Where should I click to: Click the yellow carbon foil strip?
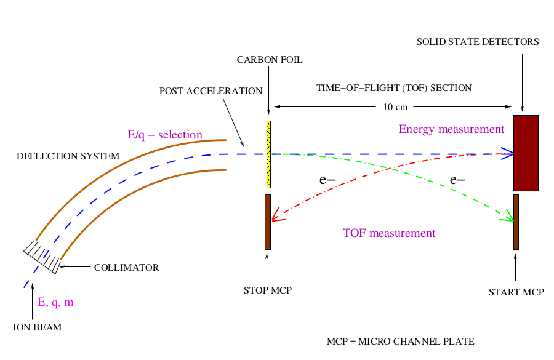pyautogui.click(x=268, y=154)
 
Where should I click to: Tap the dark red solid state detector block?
pyautogui.click(x=526, y=153)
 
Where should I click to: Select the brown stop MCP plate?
pyautogui.click(x=268, y=222)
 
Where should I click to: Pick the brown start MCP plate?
pyautogui.click(x=516, y=222)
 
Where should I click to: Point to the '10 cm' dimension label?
pyautogui.click(x=395, y=107)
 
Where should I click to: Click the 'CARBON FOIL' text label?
pyautogui.click(x=270, y=60)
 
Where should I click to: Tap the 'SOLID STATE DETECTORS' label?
pyautogui.click(x=478, y=42)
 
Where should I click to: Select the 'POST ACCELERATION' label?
pyautogui.click(x=211, y=91)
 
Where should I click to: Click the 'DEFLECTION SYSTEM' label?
pyautogui.click(x=68, y=156)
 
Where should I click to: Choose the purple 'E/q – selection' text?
pyautogui.click(x=165, y=135)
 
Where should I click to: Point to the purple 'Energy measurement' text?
pyautogui.click(x=452, y=129)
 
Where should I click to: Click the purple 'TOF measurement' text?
pyautogui.click(x=389, y=233)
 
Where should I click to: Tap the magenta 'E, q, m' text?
pyautogui.click(x=55, y=302)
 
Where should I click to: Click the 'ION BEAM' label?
pyautogui.click(x=38, y=327)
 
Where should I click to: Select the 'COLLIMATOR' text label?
pyautogui.click(x=126, y=268)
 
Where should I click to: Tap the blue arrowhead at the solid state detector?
pyautogui.click(x=507, y=154)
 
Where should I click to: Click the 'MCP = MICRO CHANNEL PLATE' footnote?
pyautogui.click(x=401, y=342)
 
